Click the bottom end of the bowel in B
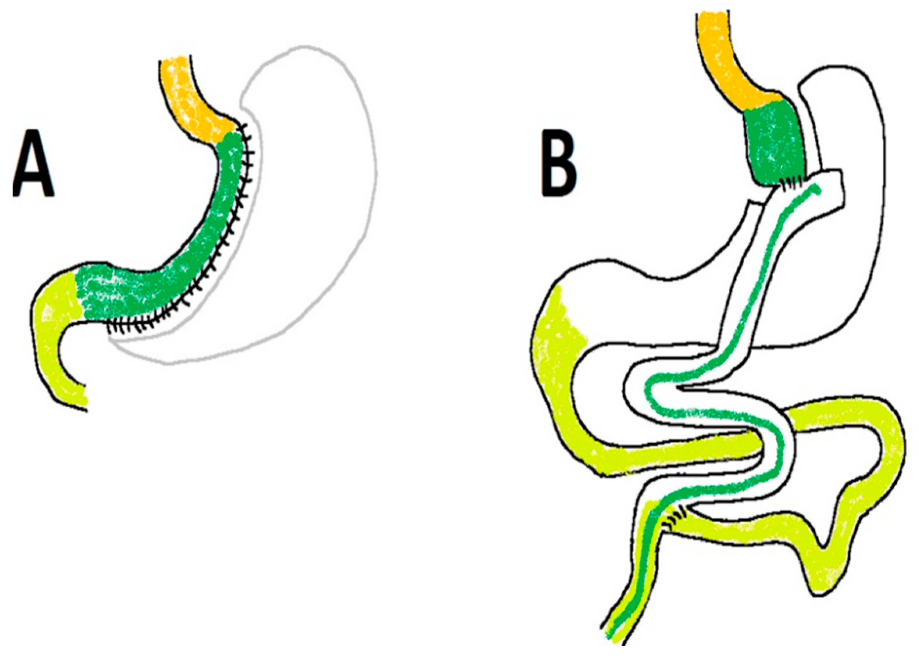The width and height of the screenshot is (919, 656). [x=613, y=642]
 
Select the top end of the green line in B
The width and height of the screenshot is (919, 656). [x=816, y=189]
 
